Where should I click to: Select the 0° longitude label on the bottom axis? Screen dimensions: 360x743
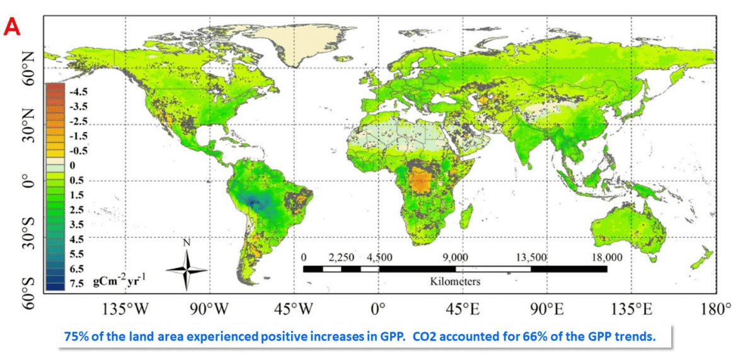coord(377,310)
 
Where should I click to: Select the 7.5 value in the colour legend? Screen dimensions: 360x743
coord(77,283)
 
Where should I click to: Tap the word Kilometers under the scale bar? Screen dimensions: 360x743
coord(455,281)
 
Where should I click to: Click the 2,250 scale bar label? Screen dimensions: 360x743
coord(341,257)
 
